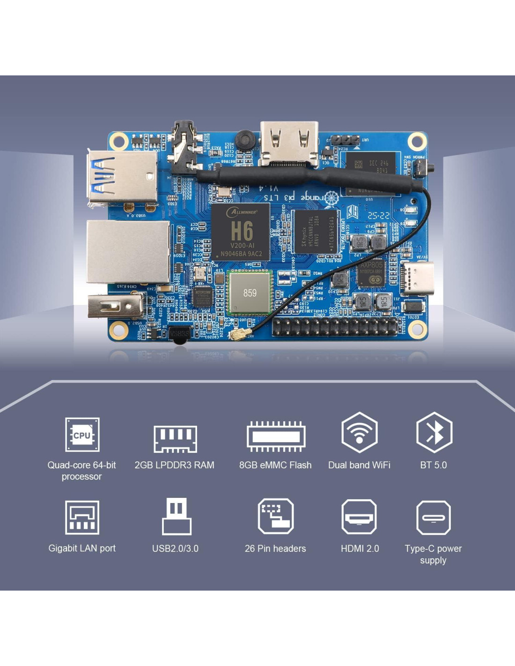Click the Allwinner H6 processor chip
point(241,232)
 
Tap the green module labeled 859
point(250,293)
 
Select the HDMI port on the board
point(289,143)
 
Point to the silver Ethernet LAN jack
point(128,252)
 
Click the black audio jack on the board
point(186,145)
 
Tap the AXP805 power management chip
point(371,274)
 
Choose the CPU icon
point(82,435)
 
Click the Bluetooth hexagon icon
point(434,432)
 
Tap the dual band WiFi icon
point(359,432)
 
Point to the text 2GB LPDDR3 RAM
point(174,465)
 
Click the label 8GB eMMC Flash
point(275,465)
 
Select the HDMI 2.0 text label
point(360,548)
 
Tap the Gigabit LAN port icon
point(82,518)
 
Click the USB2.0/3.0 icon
point(177,517)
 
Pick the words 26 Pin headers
point(275,548)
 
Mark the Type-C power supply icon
point(434,518)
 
